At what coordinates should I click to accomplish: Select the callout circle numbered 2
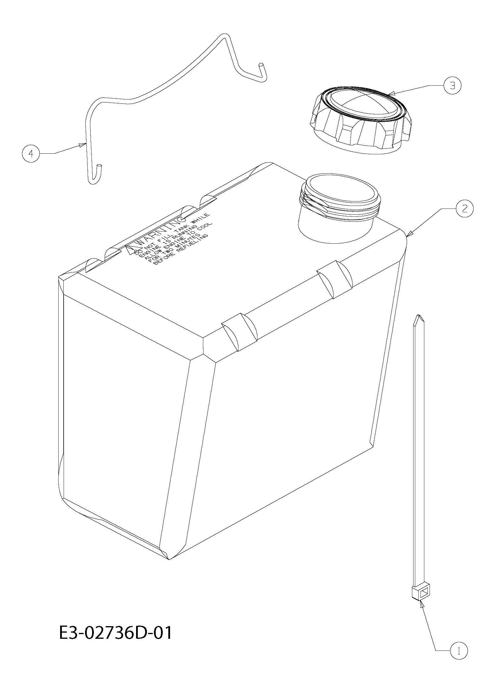[x=464, y=209]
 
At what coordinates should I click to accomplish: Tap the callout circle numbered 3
[x=452, y=86]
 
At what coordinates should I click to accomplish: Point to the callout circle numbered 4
[x=31, y=154]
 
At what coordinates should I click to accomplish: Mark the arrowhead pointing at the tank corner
[x=410, y=233]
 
